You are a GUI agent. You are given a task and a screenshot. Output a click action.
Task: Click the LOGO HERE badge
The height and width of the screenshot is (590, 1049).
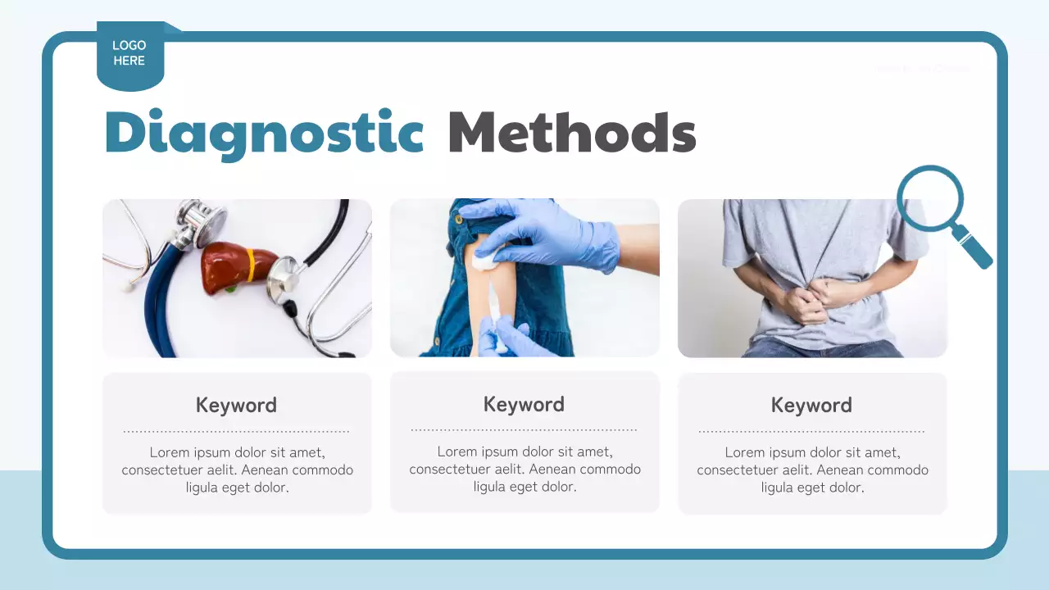[129, 54]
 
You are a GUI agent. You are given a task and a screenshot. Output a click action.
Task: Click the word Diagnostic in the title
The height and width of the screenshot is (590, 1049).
[264, 133]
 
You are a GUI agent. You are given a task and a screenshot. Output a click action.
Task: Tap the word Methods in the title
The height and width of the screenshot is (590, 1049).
[571, 133]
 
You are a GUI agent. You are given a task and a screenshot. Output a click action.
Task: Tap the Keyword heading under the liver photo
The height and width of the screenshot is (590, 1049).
[236, 405]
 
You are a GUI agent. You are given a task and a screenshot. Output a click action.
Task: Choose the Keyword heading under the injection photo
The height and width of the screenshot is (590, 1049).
[524, 404]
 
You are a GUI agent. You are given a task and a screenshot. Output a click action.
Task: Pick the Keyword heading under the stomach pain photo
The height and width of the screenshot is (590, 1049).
[811, 405]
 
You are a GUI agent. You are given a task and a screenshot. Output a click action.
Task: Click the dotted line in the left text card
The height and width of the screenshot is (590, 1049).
[236, 431]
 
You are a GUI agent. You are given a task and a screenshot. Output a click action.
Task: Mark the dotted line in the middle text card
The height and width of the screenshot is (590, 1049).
[524, 429]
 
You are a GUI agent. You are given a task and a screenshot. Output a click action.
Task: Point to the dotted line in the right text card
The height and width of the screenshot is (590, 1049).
[811, 431]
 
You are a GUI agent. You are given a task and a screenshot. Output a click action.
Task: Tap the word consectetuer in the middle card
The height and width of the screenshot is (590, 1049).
[453, 470]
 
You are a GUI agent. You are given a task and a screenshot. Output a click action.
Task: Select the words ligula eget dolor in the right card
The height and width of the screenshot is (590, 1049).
[812, 488]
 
